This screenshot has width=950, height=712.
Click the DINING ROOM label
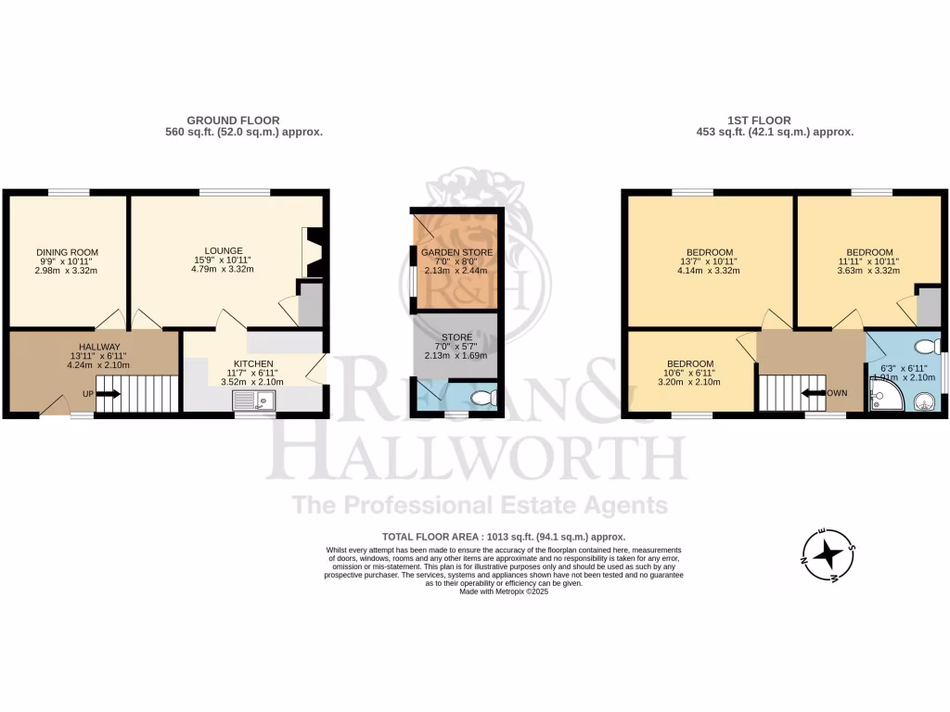pos(67,252)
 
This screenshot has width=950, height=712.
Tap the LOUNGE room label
pos(224,250)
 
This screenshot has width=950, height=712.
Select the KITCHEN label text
pos(252,362)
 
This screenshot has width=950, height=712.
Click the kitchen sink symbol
pos(253,400)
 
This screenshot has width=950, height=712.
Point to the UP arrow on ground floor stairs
pos(108,393)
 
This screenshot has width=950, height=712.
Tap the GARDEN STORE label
pos(456,252)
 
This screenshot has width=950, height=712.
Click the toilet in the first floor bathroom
pos(925,347)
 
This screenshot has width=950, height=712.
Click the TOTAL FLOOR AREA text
pos(504,537)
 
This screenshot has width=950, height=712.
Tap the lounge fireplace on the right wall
pos(314,252)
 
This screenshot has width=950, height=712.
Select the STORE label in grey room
pos(456,337)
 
